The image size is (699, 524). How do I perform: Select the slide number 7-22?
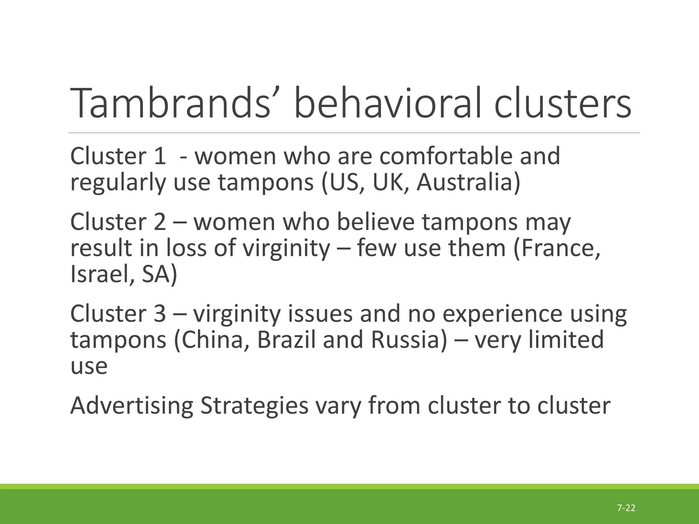[x=626, y=508]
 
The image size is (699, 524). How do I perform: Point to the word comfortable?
[x=446, y=156]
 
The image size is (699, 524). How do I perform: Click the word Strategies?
[x=254, y=406]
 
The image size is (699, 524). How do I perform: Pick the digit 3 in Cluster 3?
[x=160, y=314]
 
